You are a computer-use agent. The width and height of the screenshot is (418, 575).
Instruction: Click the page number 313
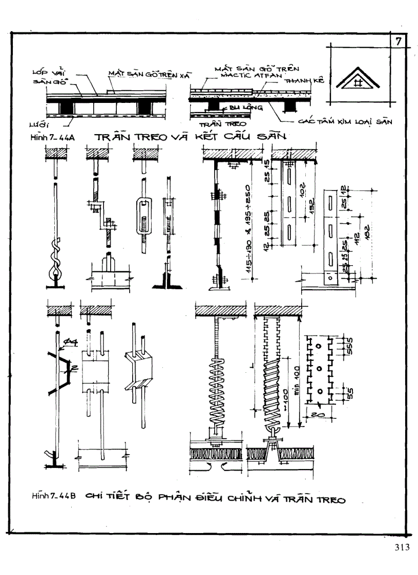point(402,547)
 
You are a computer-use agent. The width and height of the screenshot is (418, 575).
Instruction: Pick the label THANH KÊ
point(300,81)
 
